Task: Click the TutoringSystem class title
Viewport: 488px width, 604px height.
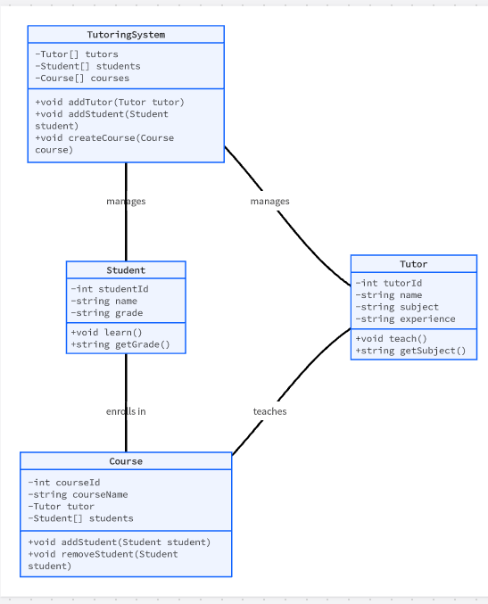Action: pyautogui.click(x=126, y=35)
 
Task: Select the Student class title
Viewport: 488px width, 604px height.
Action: pyautogui.click(x=126, y=270)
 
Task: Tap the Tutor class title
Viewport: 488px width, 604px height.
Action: pyautogui.click(x=414, y=264)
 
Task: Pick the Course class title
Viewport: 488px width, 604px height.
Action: pyautogui.click(x=126, y=461)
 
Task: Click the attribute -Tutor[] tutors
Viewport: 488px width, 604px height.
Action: pyautogui.click(x=77, y=54)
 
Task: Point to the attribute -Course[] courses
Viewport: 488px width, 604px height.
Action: pyautogui.click(x=82, y=79)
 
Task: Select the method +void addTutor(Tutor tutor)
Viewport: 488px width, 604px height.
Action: pyautogui.click(x=110, y=102)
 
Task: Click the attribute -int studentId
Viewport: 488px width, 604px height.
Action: pyautogui.click(x=110, y=289)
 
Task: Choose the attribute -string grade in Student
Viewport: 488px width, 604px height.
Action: pyautogui.click(x=107, y=313)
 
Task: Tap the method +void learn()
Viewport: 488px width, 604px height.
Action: pyautogui.click(x=107, y=332)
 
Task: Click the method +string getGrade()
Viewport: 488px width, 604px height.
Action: pyautogui.click(x=120, y=344)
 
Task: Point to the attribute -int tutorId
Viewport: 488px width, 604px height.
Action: pyautogui.click(x=389, y=283)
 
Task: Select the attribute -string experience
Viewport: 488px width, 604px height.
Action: pyautogui.click(x=405, y=319)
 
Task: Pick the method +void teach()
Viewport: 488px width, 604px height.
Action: pyautogui.click(x=392, y=339)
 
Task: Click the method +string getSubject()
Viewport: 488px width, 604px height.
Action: pyautogui.click(x=410, y=351)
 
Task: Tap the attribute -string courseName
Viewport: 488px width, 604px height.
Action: pyautogui.click(x=78, y=494)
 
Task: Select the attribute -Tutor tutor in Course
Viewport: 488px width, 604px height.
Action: pyautogui.click(x=62, y=506)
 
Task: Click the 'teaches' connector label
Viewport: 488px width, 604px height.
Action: pyautogui.click(x=269, y=411)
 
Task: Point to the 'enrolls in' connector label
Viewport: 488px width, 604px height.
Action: pyautogui.click(x=126, y=411)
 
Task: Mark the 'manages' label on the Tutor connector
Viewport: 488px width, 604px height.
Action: pyautogui.click(x=269, y=201)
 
